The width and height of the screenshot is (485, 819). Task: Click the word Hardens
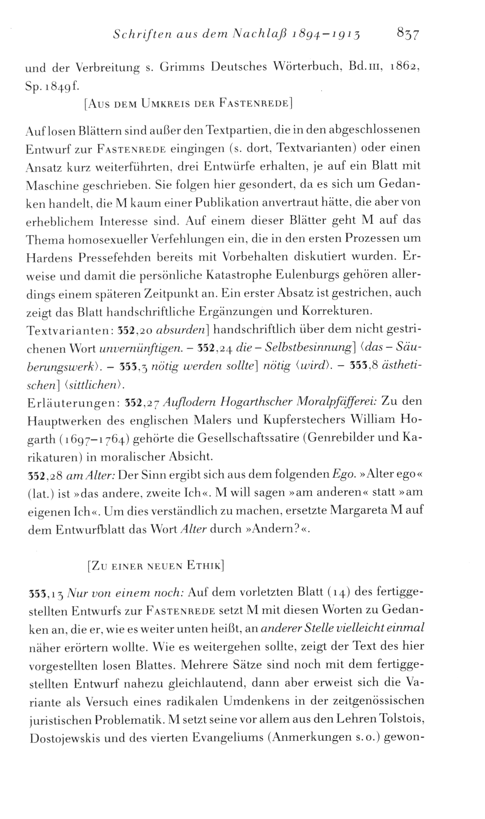[46, 257]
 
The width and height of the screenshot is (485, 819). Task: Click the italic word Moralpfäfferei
[339, 402]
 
